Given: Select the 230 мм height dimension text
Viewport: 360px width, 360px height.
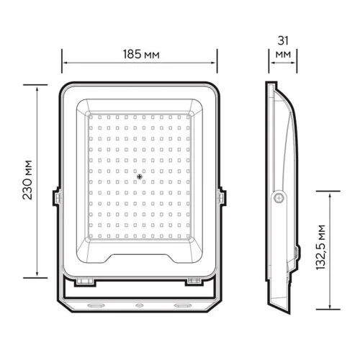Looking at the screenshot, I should point(27,179).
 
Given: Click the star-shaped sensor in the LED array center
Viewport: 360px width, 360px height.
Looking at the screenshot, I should point(140,175).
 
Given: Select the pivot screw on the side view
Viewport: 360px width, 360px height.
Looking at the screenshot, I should point(278,197).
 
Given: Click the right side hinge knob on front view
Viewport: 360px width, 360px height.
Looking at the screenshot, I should point(222,196).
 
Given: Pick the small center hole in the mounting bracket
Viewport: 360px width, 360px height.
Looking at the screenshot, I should point(138,306).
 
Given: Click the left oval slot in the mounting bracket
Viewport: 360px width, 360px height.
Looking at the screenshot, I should point(94,306).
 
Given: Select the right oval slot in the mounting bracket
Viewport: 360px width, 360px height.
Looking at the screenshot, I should point(183,306).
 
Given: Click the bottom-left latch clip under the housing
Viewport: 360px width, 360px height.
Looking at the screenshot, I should point(86,280).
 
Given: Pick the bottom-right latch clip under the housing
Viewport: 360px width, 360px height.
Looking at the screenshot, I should point(192,280).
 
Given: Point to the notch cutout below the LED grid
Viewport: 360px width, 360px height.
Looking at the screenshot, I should point(139,256).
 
